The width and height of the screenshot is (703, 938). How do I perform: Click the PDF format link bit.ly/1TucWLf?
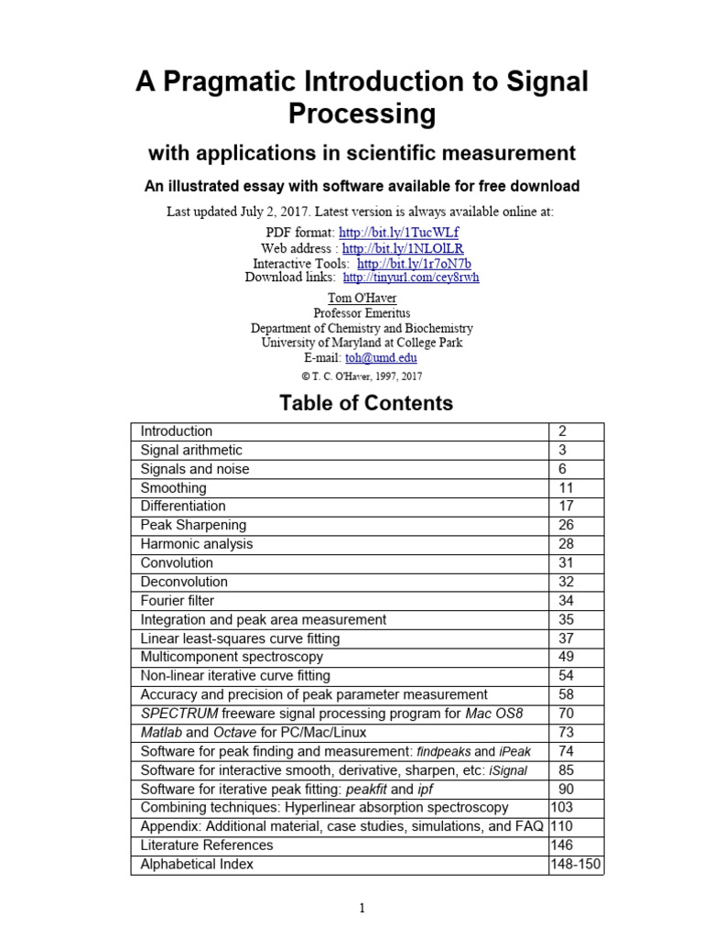pos(398,233)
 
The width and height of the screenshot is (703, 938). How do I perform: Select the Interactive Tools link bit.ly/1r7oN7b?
pos(414,263)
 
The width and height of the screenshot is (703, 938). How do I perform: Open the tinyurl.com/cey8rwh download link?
pos(411,277)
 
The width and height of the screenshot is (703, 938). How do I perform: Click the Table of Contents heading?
pos(365,403)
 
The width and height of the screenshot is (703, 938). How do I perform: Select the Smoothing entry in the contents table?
pos(174,488)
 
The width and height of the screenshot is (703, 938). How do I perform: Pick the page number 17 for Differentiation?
pos(566,507)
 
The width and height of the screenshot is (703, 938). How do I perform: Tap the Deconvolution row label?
pos(184,582)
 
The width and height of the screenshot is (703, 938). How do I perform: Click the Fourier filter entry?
pos(178,601)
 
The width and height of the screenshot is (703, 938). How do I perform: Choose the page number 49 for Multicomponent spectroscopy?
pos(566,657)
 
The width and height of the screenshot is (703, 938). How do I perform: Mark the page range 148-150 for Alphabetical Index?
pos(576,864)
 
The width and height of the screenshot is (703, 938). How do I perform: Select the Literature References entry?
pos(207,845)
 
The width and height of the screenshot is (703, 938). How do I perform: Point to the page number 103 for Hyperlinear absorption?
pos(563,807)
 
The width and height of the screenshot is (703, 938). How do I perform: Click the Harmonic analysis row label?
pos(197,544)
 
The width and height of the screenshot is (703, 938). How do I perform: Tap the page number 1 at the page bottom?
pos(362,909)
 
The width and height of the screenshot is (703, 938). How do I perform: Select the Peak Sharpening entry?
pos(193,526)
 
